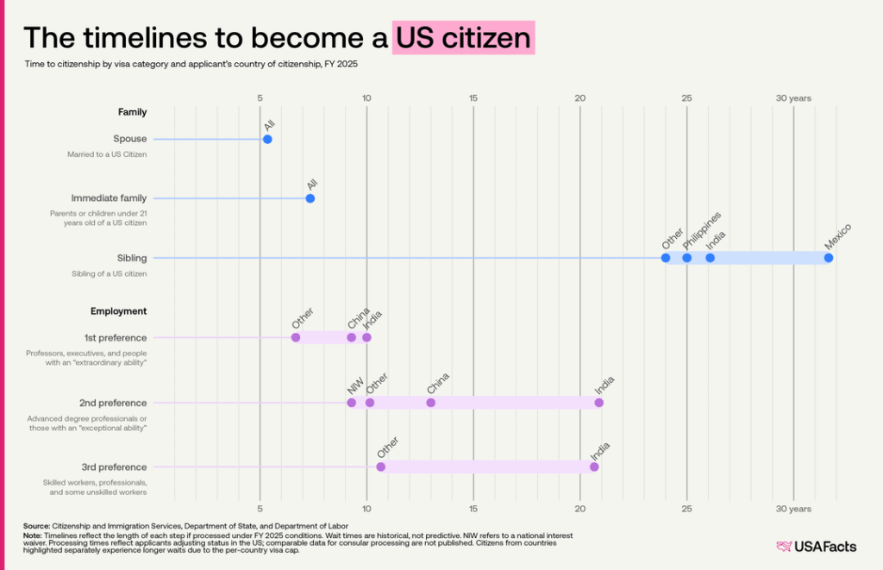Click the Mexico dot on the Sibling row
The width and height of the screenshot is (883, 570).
828,258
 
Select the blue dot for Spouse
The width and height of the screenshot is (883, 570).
267,139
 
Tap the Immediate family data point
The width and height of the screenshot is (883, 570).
310,198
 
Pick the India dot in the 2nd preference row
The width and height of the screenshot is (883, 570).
598,403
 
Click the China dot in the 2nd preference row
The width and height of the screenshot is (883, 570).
430,403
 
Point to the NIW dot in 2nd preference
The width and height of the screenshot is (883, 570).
351,403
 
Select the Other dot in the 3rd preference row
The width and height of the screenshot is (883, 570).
380,467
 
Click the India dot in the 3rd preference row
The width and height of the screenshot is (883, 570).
594,467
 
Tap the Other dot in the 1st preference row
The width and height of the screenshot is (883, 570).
296,337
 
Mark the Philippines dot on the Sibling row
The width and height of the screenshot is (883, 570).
686,258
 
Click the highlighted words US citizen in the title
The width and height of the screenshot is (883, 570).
463,38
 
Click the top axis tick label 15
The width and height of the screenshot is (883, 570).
473,98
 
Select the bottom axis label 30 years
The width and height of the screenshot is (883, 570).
792,510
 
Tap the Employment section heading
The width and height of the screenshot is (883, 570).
119,311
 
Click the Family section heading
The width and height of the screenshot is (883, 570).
132,112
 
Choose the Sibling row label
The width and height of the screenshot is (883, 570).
132,258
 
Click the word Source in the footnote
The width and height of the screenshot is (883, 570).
36,525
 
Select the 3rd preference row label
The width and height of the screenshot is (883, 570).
116,467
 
